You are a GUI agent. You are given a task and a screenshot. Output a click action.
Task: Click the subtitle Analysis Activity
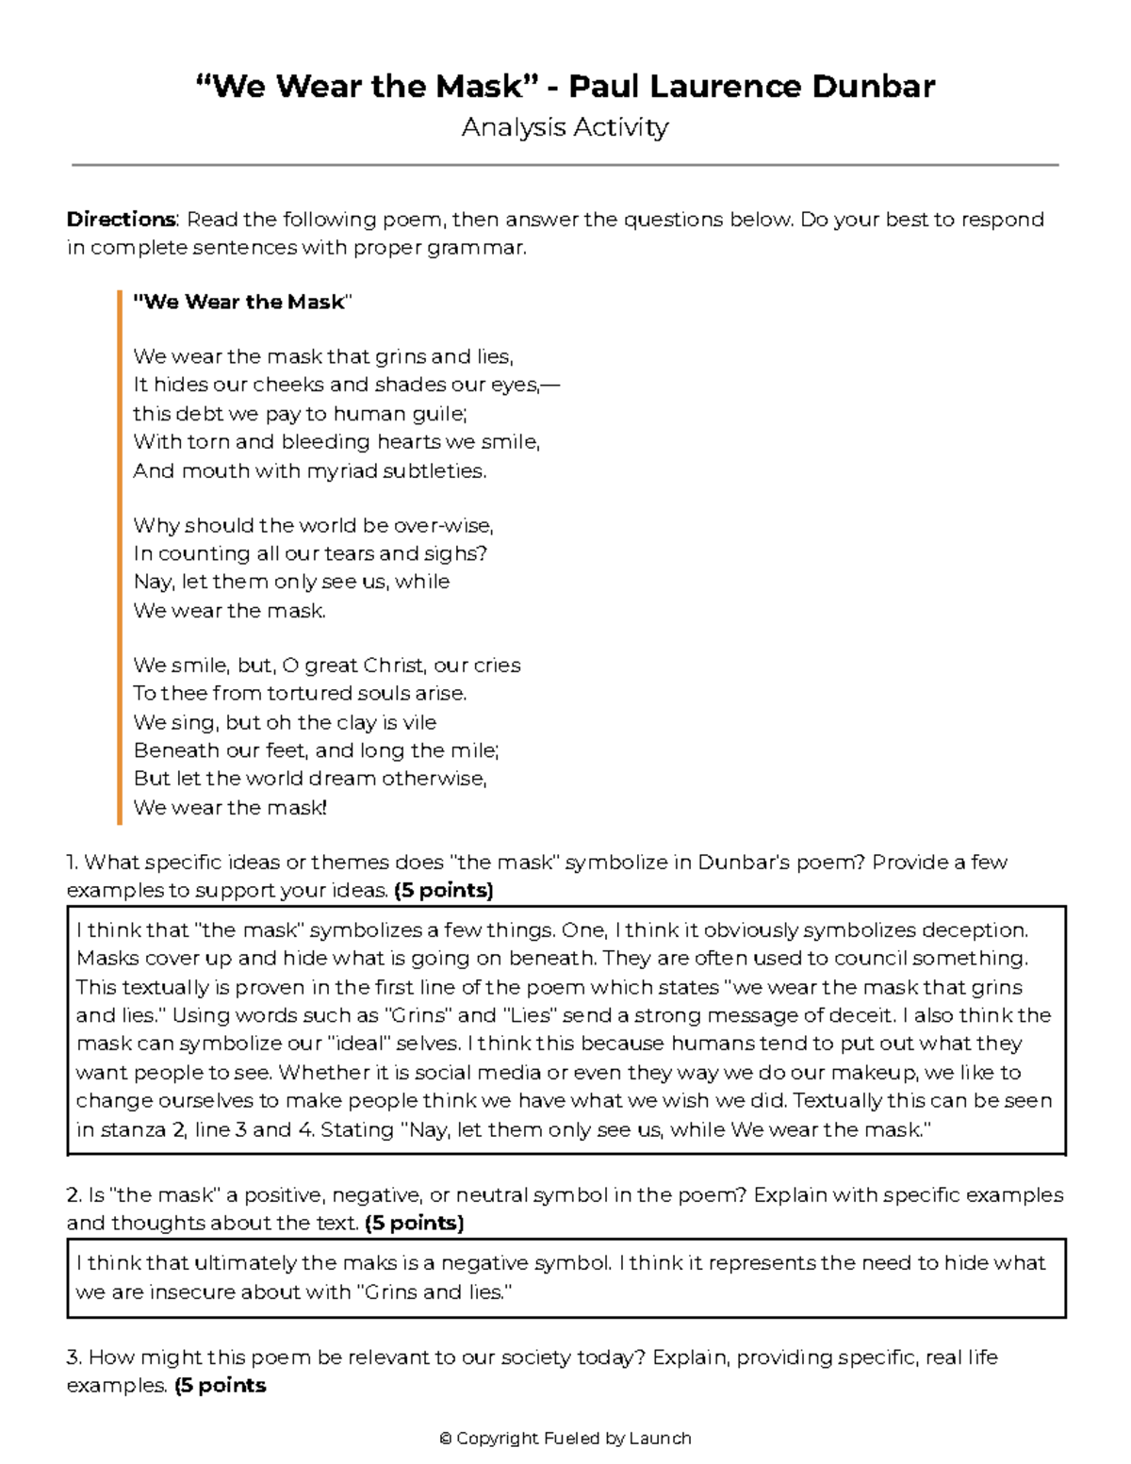565,127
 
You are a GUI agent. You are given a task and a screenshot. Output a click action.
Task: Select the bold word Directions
121,220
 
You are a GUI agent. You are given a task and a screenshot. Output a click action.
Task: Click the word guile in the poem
441,414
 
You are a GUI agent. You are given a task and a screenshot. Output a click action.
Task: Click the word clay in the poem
356,722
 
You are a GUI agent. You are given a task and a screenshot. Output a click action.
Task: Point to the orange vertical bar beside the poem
120,556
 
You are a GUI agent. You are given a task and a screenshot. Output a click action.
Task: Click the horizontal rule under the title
565,165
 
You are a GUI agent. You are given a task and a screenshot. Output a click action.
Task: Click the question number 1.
72,863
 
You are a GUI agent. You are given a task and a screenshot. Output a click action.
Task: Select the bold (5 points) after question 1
444,891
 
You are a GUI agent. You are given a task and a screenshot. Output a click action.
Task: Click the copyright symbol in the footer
446,1439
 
